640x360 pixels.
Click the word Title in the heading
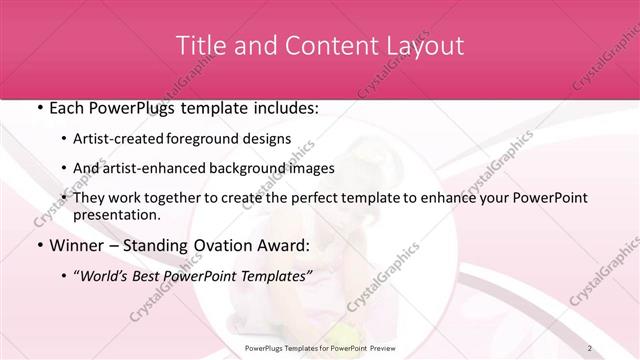pos(199,46)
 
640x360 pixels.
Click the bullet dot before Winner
pos(38,245)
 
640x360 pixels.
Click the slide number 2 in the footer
pos(590,347)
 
